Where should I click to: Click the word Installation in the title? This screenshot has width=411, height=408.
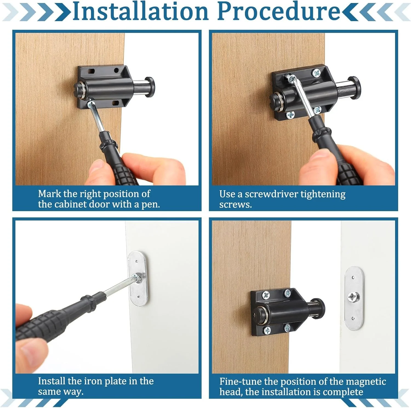tap(141, 11)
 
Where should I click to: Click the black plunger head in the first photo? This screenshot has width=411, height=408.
tap(150, 87)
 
